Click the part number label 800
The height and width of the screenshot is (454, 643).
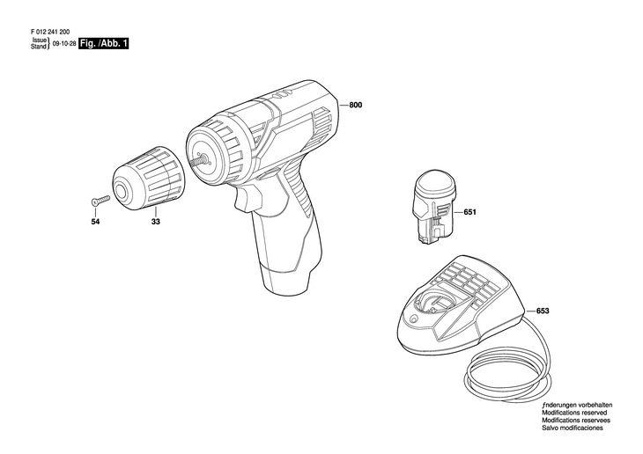click(x=355, y=106)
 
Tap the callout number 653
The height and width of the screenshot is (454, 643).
click(x=543, y=310)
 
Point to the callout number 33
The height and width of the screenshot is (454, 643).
click(x=155, y=223)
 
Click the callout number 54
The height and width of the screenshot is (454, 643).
click(x=95, y=223)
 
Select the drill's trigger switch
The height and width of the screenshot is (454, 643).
click(x=246, y=195)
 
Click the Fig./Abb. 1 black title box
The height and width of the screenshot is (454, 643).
click(x=102, y=42)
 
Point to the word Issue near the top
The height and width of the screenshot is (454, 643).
click(x=38, y=40)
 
